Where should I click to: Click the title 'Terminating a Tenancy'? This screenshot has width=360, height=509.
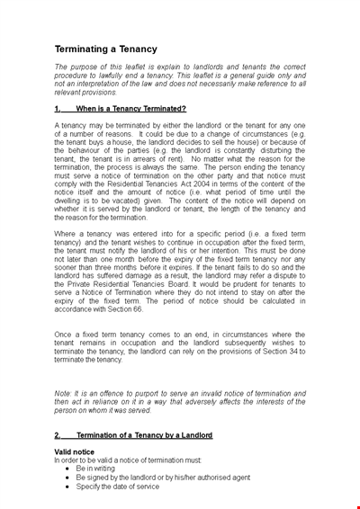tap(105, 49)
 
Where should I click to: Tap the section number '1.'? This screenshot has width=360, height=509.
tap(58, 108)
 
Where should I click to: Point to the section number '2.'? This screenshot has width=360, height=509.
tap(58, 434)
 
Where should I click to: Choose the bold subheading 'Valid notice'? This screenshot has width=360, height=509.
tap(75, 451)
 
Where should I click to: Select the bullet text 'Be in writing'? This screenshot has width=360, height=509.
tap(98, 469)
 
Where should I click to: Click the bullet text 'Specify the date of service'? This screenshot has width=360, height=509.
tap(118, 487)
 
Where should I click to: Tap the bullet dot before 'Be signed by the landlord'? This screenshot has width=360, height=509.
tap(67, 478)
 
